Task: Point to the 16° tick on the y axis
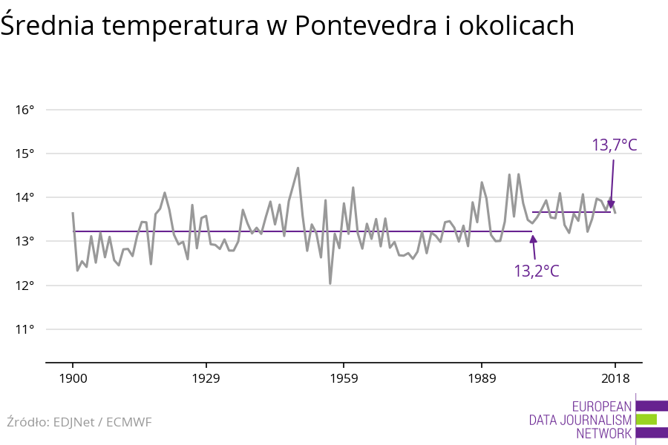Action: tap(24, 110)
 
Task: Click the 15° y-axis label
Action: tap(24, 154)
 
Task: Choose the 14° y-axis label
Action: tap(24, 197)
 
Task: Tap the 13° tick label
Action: tap(24, 241)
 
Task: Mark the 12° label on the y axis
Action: tap(24, 286)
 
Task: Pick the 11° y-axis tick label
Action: tap(24, 329)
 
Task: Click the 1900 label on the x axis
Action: tap(73, 378)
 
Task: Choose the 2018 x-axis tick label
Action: tap(615, 378)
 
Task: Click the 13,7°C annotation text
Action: tap(614, 145)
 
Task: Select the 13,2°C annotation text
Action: tap(537, 271)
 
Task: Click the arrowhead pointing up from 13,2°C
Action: tap(533, 239)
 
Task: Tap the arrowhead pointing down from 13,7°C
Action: tap(611, 205)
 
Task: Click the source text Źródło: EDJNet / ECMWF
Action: tap(79, 422)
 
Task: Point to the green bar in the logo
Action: tap(646, 419)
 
